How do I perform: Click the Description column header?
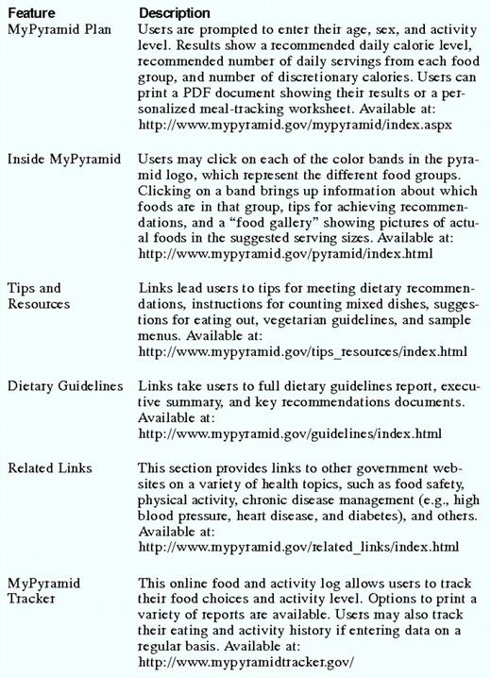coord(175,14)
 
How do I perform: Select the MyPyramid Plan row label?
coord(59,30)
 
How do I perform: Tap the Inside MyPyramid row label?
coord(64,160)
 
